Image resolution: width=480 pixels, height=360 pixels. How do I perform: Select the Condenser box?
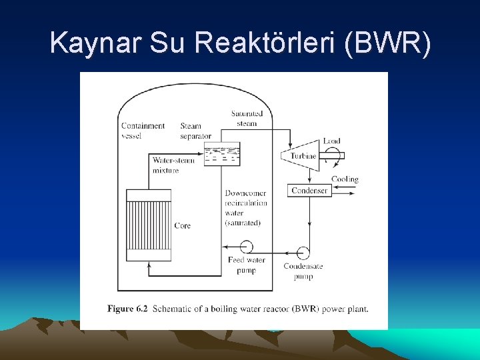309,191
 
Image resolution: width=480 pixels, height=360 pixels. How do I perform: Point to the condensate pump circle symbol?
303,253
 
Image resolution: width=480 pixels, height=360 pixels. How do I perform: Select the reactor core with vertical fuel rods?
148,225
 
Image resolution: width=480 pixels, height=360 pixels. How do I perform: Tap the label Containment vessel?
143,131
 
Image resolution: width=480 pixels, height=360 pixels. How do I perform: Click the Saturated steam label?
247,118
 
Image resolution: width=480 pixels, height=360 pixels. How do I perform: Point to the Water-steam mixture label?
173,165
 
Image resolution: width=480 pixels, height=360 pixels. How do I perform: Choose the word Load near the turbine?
331,141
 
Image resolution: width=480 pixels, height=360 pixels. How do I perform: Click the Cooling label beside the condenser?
345,179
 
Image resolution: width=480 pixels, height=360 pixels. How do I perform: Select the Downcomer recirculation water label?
245,207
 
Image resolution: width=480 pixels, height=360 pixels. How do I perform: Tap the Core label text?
182,226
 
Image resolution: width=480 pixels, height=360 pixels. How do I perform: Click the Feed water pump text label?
246,265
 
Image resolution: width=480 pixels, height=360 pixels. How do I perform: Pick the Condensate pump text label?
303,271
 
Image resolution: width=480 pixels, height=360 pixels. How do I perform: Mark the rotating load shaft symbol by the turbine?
331,155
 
